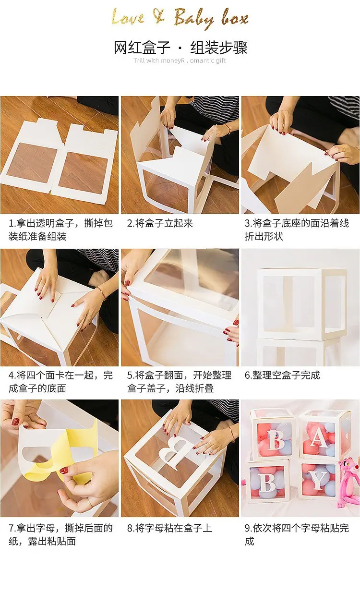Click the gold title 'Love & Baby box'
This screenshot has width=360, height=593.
click(180, 18)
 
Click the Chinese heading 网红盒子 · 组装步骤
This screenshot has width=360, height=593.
click(180, 48)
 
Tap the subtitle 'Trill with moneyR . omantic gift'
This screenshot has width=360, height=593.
click(180, 61)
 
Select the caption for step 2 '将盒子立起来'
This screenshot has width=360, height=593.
click(160, 223)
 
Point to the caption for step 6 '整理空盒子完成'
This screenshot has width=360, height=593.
click(282, 375)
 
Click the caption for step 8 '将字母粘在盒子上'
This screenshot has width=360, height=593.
click(169, 528)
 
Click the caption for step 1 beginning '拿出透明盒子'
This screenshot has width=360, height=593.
click(61, 230)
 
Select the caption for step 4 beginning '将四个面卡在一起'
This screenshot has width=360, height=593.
click(61, 381)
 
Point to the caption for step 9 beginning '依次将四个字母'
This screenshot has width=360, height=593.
click(297, 534)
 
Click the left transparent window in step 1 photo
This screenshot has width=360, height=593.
click(32, 163)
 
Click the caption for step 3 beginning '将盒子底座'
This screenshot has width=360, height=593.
click(297, 230)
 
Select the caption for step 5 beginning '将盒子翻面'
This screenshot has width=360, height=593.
click(179, 381)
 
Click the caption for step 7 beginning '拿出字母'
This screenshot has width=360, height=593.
click(61, 534)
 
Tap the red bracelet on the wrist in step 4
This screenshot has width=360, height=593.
click(101, 293)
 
